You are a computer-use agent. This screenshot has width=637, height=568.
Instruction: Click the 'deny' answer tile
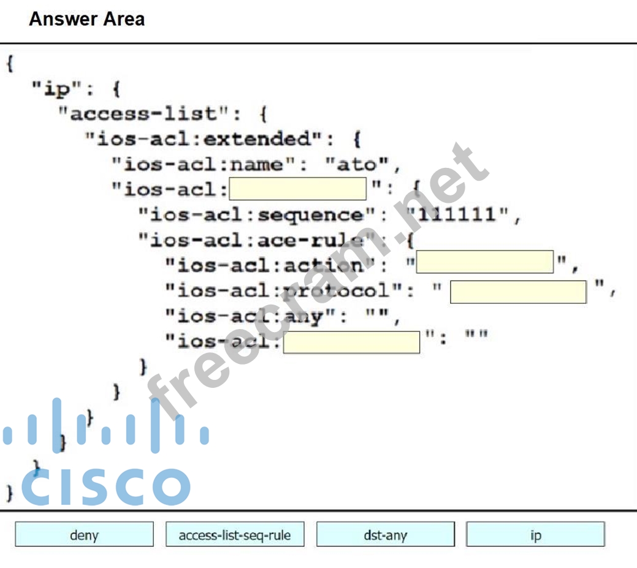point(84,534)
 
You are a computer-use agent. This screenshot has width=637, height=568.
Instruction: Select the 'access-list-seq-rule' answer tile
point(234,534)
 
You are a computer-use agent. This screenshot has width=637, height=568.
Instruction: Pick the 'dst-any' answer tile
point(385,534)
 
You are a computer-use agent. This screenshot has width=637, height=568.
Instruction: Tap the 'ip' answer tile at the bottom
point(535,534)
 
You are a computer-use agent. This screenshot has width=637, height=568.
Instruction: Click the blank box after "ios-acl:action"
point(485,262)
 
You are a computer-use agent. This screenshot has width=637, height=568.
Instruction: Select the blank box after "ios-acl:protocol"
point(518,291)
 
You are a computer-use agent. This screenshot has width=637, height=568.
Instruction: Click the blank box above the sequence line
point(297,188)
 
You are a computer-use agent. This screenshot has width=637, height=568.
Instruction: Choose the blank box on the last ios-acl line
point(351,341)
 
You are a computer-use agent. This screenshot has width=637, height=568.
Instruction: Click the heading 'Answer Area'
point(86,19)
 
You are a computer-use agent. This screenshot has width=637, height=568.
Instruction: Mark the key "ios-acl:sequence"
point(258,214)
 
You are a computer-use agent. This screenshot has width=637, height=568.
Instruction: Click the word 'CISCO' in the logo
point(105,486)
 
